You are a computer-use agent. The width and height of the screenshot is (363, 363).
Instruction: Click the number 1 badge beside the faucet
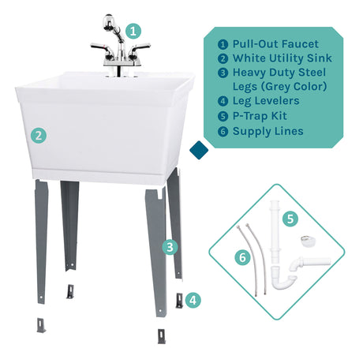click(x=134, y=31)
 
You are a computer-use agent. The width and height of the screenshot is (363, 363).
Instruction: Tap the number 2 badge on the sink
click(x=38, y=135)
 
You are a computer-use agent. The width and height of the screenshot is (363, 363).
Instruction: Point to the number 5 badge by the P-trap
click(x=290, y=218)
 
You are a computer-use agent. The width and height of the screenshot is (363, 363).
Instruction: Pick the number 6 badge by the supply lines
click(x=242, y=257)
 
